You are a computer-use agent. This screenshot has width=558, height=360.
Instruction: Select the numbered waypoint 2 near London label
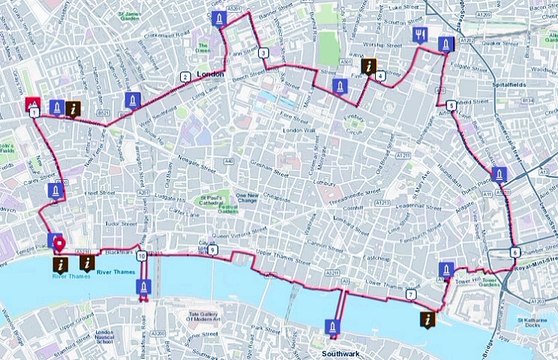point(184,77)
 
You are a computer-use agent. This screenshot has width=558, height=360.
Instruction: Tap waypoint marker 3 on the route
point(262,52)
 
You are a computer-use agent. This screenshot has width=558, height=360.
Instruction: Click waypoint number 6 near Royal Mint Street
point(514,252)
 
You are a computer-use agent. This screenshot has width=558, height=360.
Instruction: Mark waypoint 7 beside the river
point(411,291)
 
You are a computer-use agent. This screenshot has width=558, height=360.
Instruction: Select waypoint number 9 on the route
point(212,247)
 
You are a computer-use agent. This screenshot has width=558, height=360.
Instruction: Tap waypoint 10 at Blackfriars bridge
point(143,256)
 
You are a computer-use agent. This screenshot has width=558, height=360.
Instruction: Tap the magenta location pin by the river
point(59,244)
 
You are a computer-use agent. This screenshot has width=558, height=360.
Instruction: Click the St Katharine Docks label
point(534,323)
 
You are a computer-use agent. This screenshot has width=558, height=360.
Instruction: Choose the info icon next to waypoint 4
point(370,67)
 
